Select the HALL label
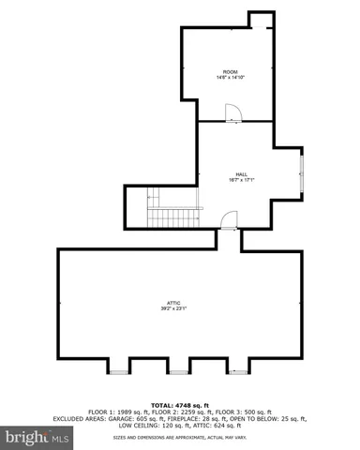pos(241,173)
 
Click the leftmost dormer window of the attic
pos(120,371)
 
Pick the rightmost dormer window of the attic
pos(239,371)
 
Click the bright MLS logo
pos(38,437)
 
